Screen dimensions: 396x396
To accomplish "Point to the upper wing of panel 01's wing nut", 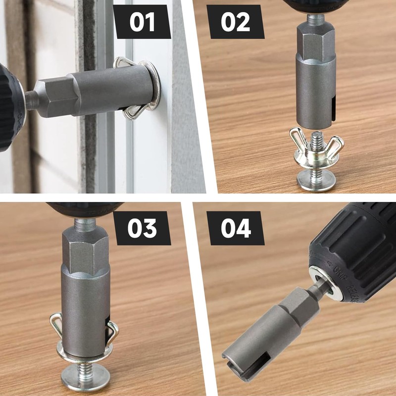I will [x=123, y=63].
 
